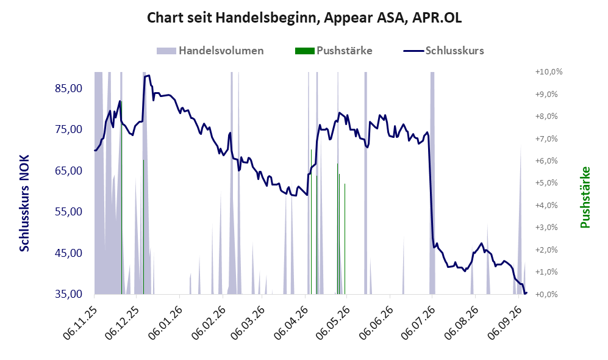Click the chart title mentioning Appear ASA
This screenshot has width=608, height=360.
point(304,18)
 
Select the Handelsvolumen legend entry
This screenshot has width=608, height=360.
point(210,51)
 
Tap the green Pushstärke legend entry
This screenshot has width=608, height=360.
point(334,51)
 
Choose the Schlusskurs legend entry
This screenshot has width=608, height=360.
point(443,51)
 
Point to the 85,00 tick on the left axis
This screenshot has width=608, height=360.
point(69,88)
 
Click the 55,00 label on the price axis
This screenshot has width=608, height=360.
point(69,212)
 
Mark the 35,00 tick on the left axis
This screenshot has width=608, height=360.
point(69,294)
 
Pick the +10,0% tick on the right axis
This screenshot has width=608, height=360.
point(549,72)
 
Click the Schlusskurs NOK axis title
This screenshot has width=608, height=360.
point(24,203)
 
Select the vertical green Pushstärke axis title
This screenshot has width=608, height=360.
point(585,198)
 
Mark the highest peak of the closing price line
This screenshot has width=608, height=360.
point(149,75)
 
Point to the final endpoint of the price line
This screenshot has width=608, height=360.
point(526,293)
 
